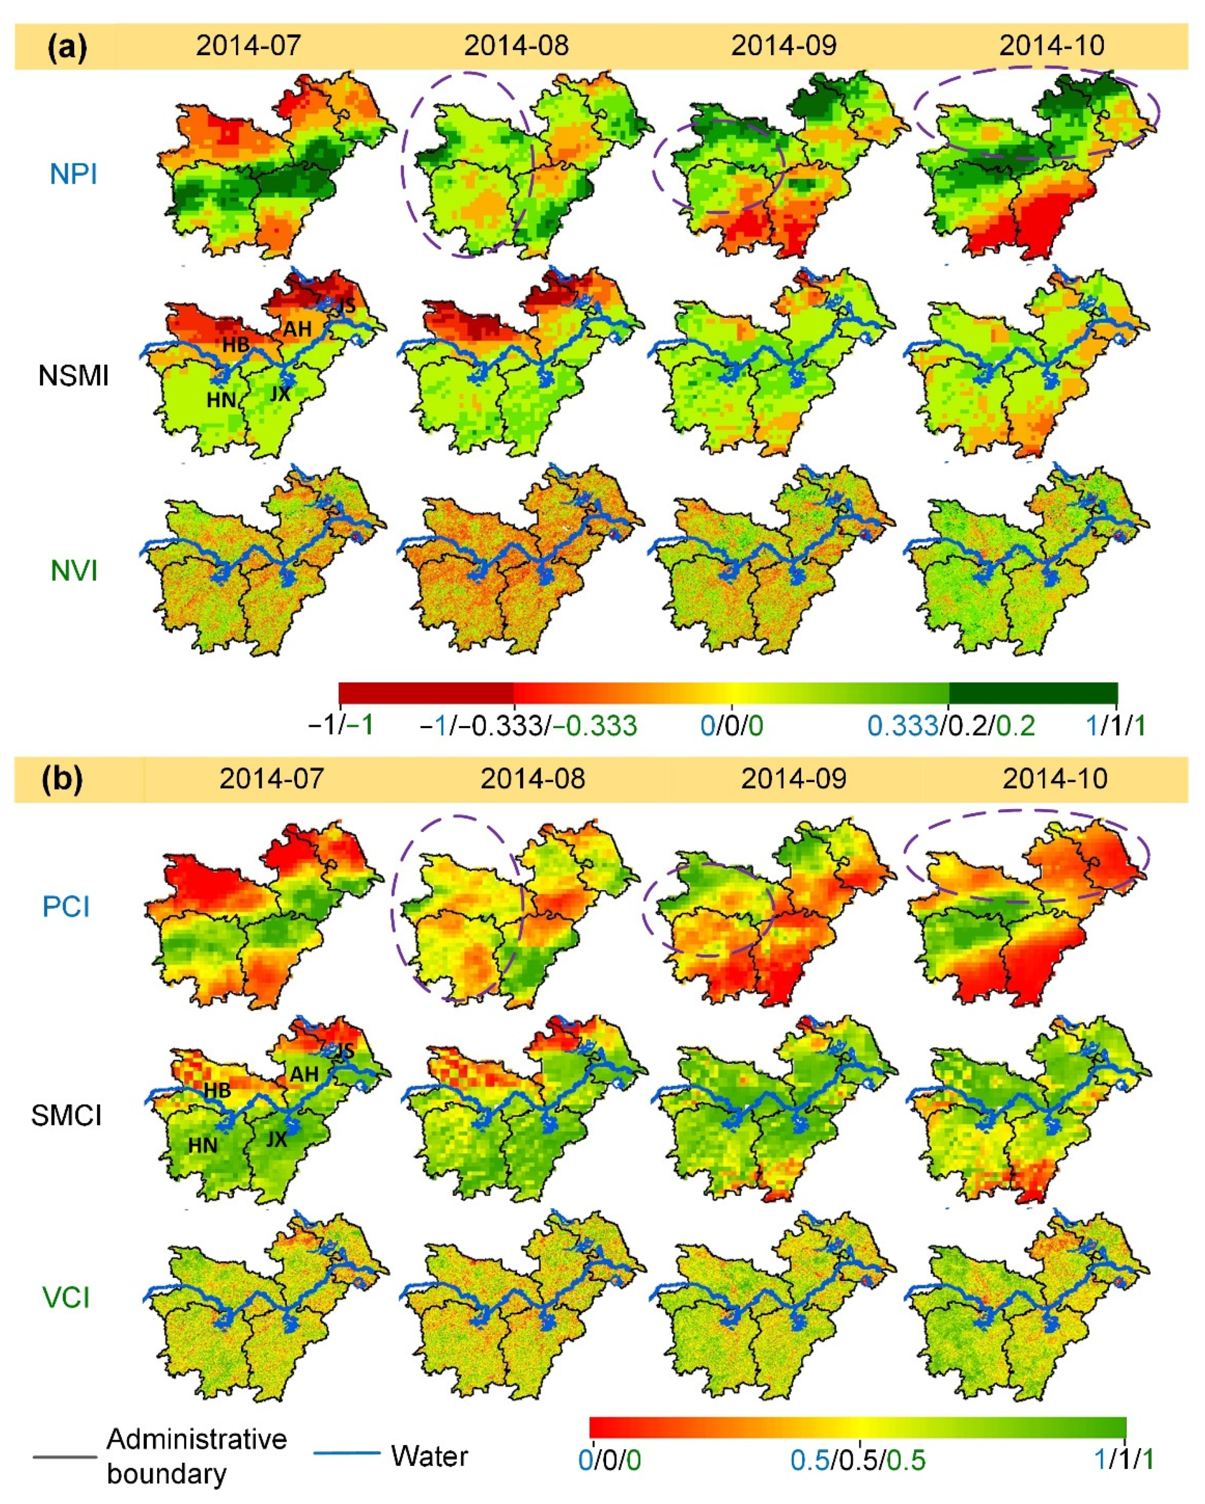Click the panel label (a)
click(x=67, y=47)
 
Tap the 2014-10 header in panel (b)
click(x=1055, y=779)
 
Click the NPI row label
click(x=73, y=174)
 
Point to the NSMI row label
click(x=73, y=376)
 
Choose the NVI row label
click(x=73, y=571)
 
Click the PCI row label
click(x=66, y=907)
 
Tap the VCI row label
click(x=66, y=1298)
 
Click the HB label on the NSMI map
click(x=236, y=344)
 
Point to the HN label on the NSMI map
click(x=221, y=400)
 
